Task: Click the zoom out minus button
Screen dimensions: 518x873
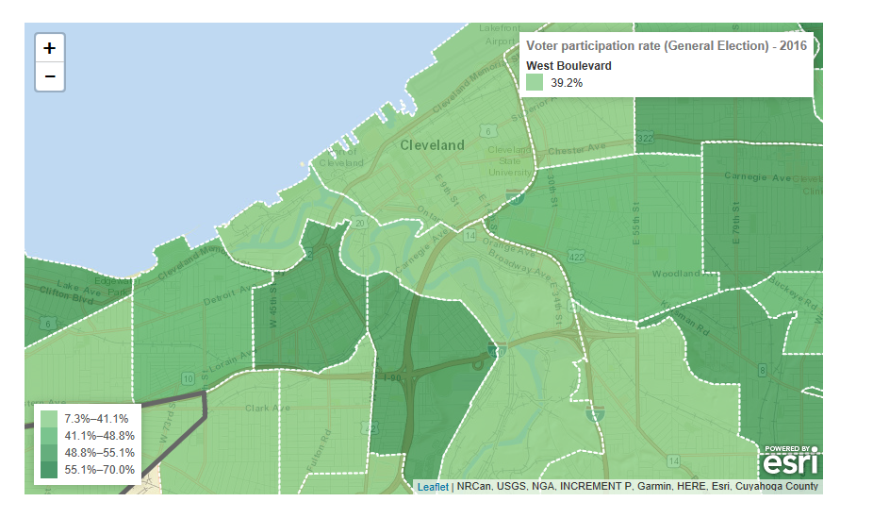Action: tap(50, 76)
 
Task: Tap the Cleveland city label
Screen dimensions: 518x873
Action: tap(433, 145)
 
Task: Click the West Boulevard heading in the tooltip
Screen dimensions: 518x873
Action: tap(568, 66)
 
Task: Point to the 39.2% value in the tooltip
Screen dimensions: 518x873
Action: tap(567, 83)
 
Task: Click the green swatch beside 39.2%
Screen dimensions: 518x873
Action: tap(535, 83)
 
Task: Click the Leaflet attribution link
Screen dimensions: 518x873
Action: tap(433, 487)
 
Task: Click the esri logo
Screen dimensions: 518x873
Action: tap(790, 462)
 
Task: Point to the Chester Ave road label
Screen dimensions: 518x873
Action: tap(577, 149)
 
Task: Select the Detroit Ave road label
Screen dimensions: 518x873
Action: tap(224, 300)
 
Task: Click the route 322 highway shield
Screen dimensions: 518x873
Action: tap(645, 139)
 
